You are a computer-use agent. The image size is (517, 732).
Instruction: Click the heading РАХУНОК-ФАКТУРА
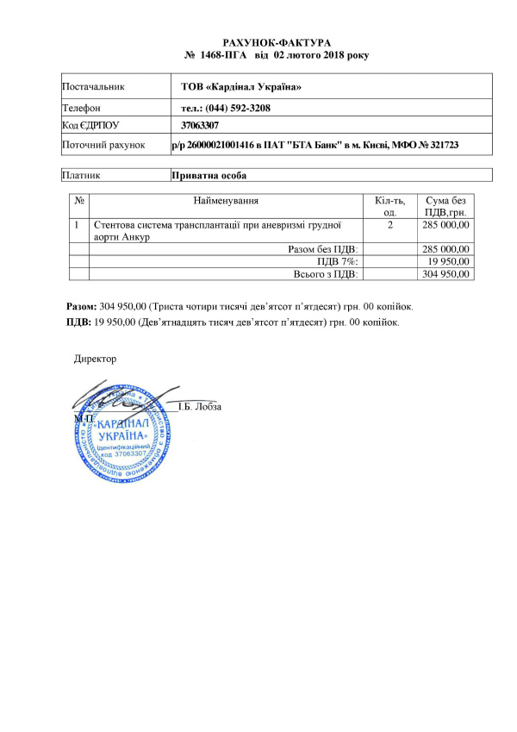[277, 42]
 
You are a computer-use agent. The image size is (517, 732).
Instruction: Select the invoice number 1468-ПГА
[222, 55]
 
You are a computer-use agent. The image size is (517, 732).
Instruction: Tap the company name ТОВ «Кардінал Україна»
[241, 87]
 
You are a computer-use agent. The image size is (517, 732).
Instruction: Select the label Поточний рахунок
[104, 146]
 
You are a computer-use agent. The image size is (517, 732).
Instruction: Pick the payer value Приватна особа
[209, 175]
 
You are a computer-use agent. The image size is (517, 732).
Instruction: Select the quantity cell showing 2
[390, 225]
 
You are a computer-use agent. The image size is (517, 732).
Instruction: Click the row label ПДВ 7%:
[338, 261]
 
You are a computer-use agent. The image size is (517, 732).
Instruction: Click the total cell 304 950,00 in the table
[445, 274]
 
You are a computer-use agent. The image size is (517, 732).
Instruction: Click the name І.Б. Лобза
[200, 407]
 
